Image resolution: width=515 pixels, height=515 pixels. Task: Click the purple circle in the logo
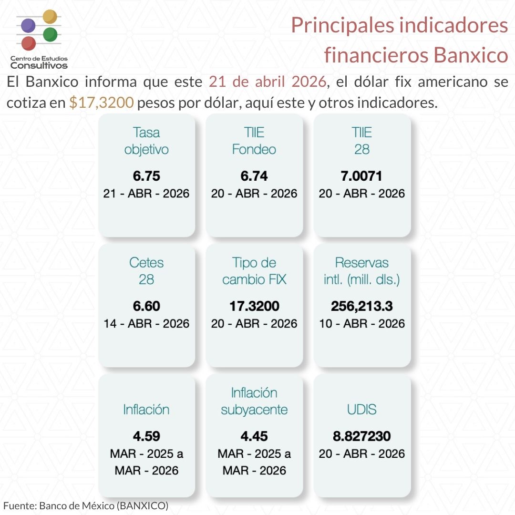(x=29, y=25)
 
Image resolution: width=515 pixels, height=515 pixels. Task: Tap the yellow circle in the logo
(x=50, y=17)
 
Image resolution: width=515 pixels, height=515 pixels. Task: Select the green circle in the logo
(x=50, y=34)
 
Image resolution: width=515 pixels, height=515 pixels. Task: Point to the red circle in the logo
(x=29, y=43)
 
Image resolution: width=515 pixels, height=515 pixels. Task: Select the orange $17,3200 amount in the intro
(x=101, y=103)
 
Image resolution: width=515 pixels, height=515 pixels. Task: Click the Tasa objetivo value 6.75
(x=146, y=176)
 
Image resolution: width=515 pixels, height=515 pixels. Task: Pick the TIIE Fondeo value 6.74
(x=254, y=176)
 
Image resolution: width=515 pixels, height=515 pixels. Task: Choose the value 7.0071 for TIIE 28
(x=362, y=176)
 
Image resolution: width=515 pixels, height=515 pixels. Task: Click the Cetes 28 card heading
(x=146, y=270)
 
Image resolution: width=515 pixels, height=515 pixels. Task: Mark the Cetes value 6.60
(x=146, y=306)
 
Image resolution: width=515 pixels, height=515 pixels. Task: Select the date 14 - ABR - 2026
(x=146, y=323)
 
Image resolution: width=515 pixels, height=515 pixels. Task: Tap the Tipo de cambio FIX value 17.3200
(x=254, y=306)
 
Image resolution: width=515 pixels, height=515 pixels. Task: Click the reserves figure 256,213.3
(x=362, y=306)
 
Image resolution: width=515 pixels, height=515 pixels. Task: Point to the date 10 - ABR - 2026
(x=362, y=323)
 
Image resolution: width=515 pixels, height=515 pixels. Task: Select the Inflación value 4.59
(x=146, y=436)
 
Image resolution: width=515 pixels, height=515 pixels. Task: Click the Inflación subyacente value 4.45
(x=254, y=436)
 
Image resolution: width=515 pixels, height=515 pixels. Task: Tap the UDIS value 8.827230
(x=362, y=436)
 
